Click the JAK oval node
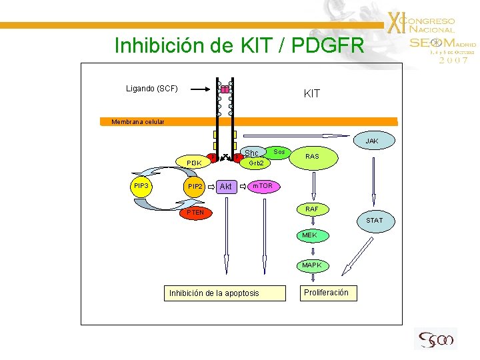tap(372, 141)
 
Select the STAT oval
tap(374, 220)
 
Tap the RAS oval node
tap(311, 157)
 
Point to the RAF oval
tap(311, 209)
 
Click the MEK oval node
tap(310, 235)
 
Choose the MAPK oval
tap(311, 265)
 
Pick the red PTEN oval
tap(196, 213)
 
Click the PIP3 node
tap(141, 185)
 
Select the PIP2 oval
tap(195, 187)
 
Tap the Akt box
tap(226, 187)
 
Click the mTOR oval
tap(261, 185)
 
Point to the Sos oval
tap(279, 152)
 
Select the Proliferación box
tap(326, 293)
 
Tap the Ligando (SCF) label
tap(152, 88)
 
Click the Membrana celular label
tap(129, 122)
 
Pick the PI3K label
tap(194, 163)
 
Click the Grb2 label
tap(256, 163)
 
